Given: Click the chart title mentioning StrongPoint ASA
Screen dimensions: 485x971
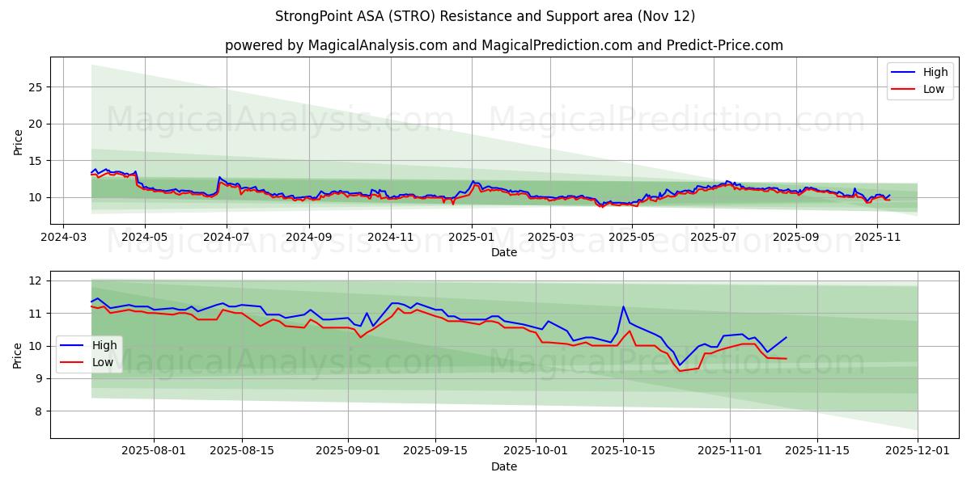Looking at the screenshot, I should click(485, 16).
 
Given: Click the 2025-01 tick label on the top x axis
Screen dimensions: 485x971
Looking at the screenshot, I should click(471, 238).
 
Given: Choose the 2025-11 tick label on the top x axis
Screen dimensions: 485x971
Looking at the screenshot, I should click(877, 238).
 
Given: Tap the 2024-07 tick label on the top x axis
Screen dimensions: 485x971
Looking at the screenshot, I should click(226, 238).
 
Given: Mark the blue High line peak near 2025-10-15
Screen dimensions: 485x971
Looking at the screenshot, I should click(623, 306).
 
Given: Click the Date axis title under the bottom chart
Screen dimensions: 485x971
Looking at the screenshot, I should click(503, 466).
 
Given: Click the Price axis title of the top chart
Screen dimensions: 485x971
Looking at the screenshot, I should click(18, 141).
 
